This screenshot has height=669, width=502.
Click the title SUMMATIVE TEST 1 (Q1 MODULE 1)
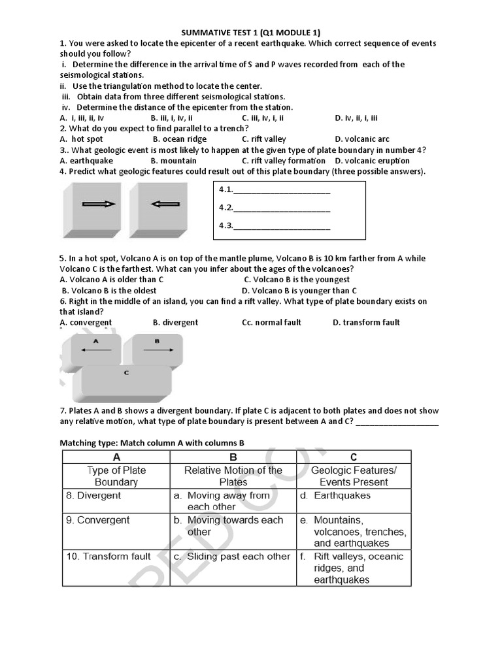(x=250, y=33)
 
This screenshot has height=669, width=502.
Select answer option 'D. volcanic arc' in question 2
(x=361, y=139)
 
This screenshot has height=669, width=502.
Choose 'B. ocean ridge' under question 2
(x=179, y=139)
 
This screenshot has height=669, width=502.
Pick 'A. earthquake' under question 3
(x=86, y=161)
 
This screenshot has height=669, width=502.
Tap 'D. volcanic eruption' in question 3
(x=372, y=161)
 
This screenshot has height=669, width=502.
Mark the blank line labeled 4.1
(x=281, y=191)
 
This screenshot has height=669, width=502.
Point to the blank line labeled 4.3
(x=281, y=227)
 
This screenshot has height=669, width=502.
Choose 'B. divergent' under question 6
(x=175, y=323)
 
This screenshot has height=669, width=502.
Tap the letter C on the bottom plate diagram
(x=125, y=372)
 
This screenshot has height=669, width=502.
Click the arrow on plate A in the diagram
(x=95, y=350)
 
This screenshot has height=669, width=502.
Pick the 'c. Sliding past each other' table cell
(x=232, y=557)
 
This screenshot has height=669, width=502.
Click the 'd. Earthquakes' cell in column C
(x=342, y=496)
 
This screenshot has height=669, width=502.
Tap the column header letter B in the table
(x=233, y=457)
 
